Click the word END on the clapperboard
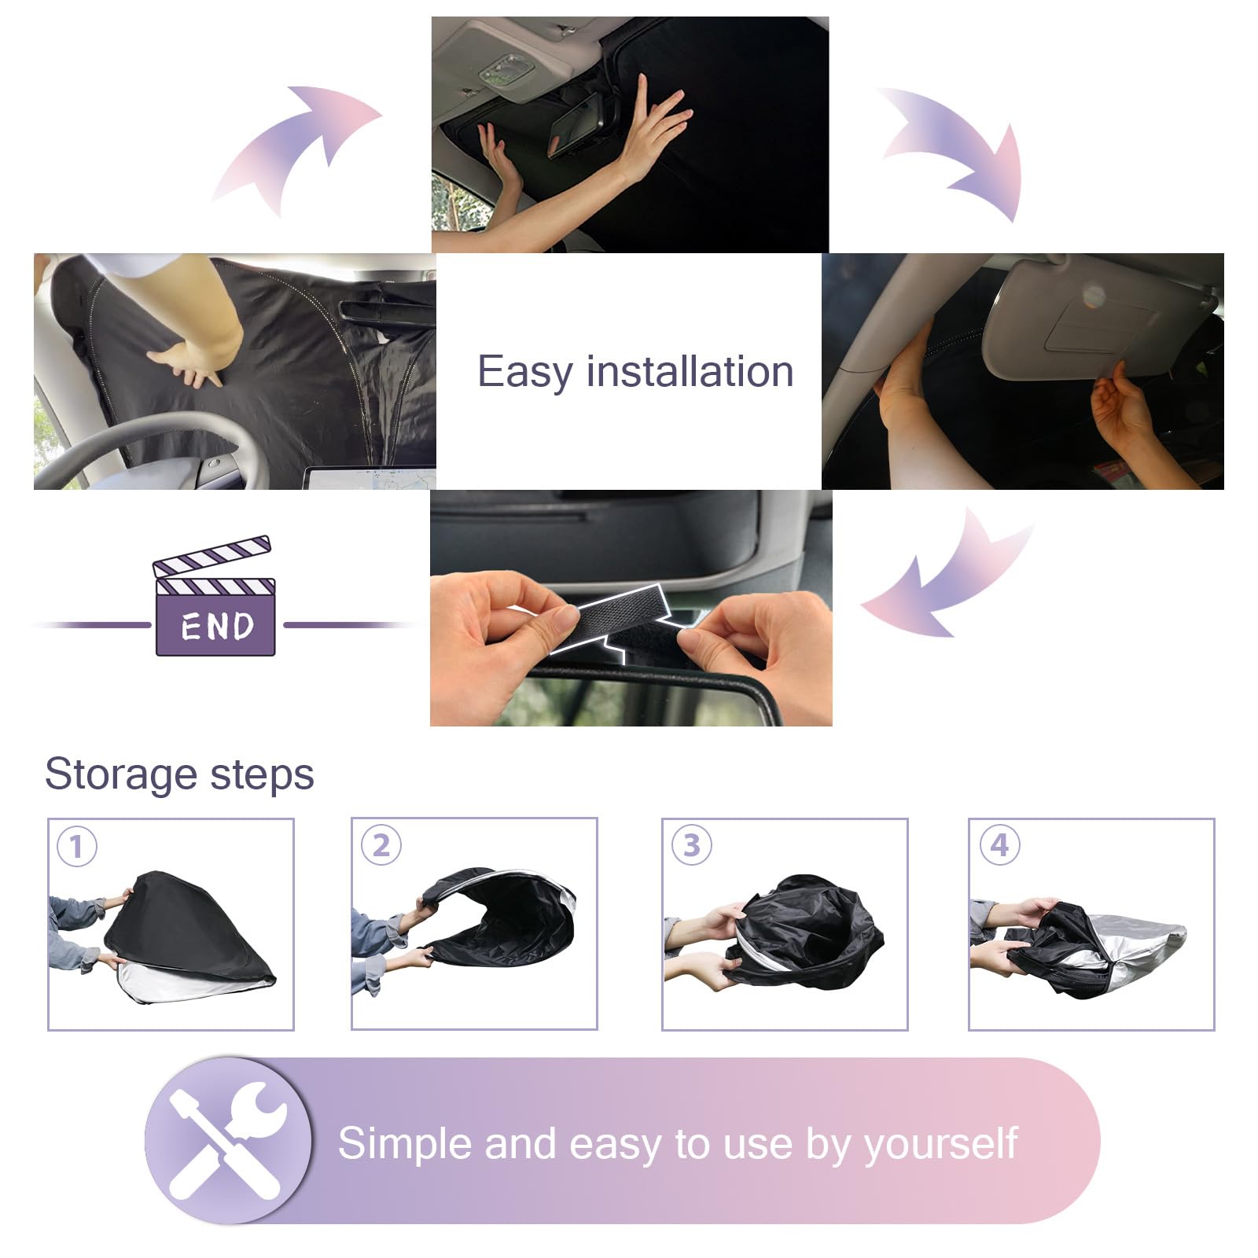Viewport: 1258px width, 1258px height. point(217,627)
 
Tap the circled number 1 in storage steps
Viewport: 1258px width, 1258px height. point(77,847)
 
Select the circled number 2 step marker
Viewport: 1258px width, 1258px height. point(381,845)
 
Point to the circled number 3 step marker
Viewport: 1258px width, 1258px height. point(692,845)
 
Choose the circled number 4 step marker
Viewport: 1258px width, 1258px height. point(999,845)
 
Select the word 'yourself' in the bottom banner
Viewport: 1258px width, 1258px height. point(941,1144)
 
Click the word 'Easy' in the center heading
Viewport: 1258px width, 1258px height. point(525,373)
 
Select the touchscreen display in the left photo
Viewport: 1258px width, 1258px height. point(370,478)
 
